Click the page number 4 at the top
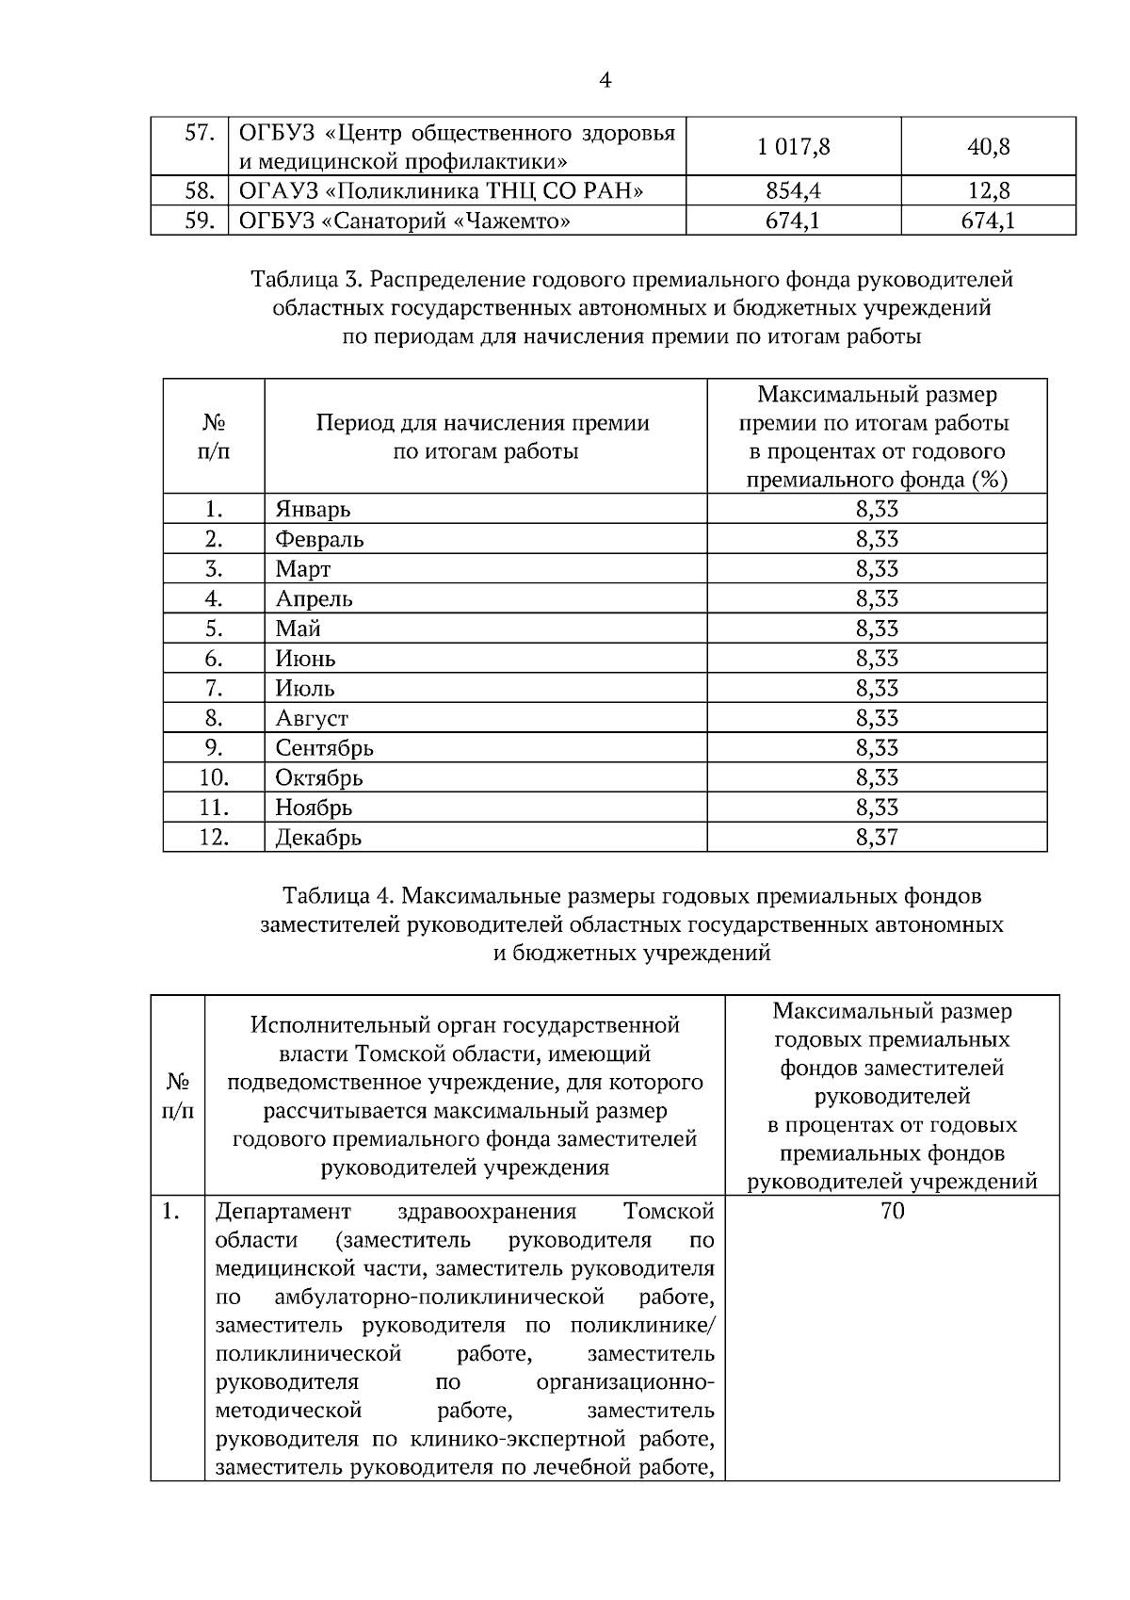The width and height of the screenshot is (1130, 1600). (x=605, y=81)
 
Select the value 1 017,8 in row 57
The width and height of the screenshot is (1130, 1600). (x=793, y=147)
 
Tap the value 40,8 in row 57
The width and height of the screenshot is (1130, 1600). (x=988, y=147)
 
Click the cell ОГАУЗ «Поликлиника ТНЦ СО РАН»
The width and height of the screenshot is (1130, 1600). (x=442, y=192)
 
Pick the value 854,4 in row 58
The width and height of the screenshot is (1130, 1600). (x=793, y=192)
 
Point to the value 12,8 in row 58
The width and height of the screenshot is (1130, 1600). (x=988, y=192)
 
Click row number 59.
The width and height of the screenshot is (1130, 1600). (x=200, y=222)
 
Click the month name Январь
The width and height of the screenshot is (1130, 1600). (x=313, y=510)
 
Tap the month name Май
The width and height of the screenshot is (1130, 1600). (x=298, y=629)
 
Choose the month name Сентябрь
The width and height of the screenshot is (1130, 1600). (x=324, y=748)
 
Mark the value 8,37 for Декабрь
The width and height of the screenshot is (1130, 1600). (x=877, y=838)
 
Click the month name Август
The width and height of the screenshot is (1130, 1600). (x=312, y=718)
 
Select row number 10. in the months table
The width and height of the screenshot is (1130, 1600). (x=214, y=778)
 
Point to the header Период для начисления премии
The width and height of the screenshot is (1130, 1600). (x=482, y=423)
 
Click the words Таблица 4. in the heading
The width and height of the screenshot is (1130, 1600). (x=338, y=895)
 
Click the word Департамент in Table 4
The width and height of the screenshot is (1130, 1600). (x=282, y=1212)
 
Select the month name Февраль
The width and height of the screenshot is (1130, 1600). (x=319, y=540)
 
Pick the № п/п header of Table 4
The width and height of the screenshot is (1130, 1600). (x=178, y=1096)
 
